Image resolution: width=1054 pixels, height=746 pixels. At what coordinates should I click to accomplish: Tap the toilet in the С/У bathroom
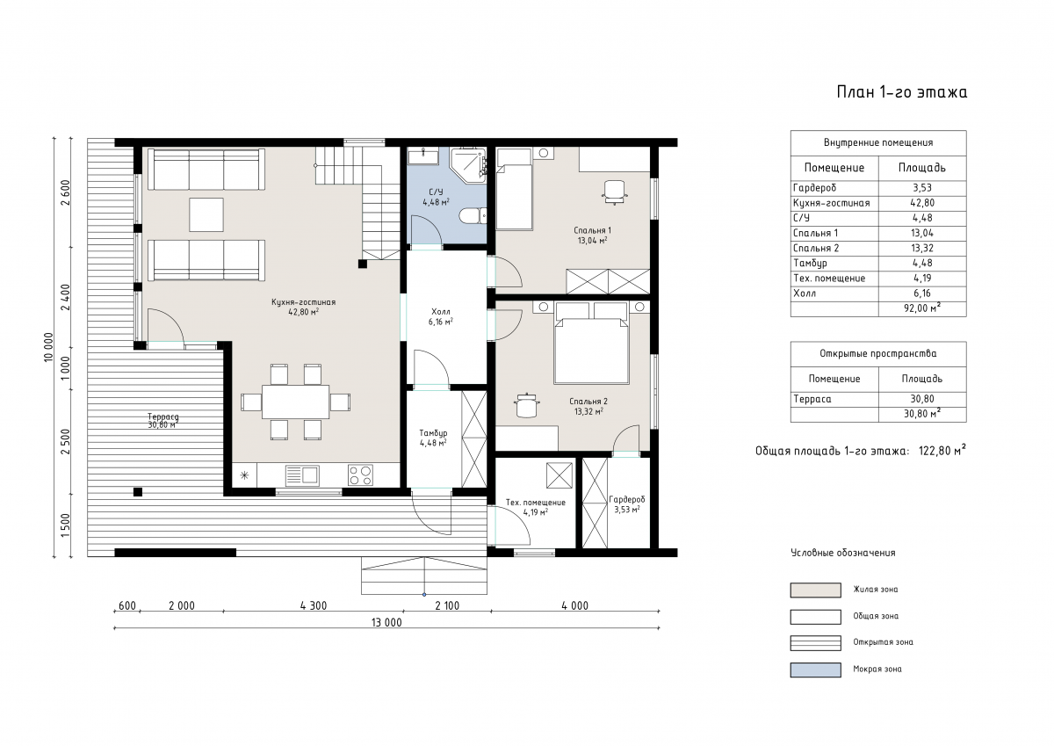[x=473, y=216]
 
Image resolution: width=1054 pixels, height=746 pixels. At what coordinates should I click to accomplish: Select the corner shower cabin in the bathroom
[x=467, y=165]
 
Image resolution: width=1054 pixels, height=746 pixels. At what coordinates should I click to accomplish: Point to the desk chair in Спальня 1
[x=615, y=192]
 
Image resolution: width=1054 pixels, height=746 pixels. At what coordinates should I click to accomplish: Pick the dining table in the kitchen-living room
[x=295, y=402]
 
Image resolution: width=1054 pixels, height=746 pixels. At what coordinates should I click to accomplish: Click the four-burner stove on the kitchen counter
[x=360, y=474]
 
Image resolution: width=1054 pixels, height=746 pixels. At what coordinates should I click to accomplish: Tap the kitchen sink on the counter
[x=302, y=474]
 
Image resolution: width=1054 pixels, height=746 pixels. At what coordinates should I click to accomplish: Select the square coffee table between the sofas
[x=206, y=214]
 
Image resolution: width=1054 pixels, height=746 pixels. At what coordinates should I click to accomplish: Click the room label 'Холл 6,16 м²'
[x=440, y=316]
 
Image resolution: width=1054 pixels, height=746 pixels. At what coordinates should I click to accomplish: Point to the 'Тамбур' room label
[x=433, y=433]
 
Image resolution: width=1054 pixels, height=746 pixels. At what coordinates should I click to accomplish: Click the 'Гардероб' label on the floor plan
[x=627, y=499]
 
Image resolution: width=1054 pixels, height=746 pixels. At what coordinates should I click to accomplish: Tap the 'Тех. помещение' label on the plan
[x=536, y=503]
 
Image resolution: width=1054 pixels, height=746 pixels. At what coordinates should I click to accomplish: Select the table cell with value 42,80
[x=922, y=203]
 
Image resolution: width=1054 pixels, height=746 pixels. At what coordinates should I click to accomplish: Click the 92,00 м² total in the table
[x=922, y=308]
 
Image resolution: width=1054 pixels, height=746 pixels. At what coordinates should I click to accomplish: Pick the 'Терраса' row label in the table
[x=812, y=399]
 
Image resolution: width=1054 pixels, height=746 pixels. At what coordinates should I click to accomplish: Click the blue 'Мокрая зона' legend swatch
[x=815, y=670]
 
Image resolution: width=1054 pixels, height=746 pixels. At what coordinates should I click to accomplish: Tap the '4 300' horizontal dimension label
[x=314, y=605]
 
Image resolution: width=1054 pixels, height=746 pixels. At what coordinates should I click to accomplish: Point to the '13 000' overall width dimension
[x=386, y=623]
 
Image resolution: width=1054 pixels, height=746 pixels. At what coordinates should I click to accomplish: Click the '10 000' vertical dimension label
[x=49, y=347]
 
